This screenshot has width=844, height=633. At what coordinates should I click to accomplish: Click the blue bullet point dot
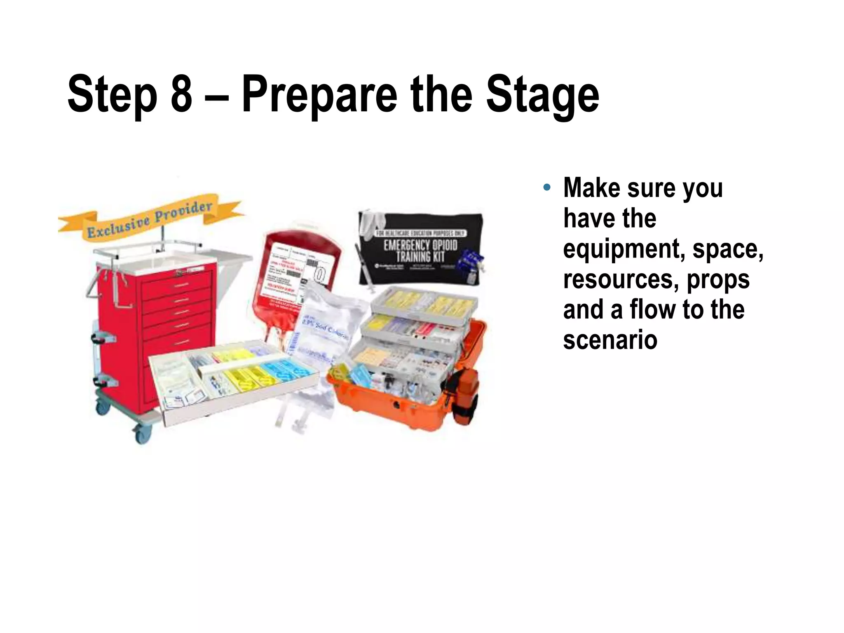coord(546,188)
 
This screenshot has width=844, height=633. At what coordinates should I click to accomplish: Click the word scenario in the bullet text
coord(610,340)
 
